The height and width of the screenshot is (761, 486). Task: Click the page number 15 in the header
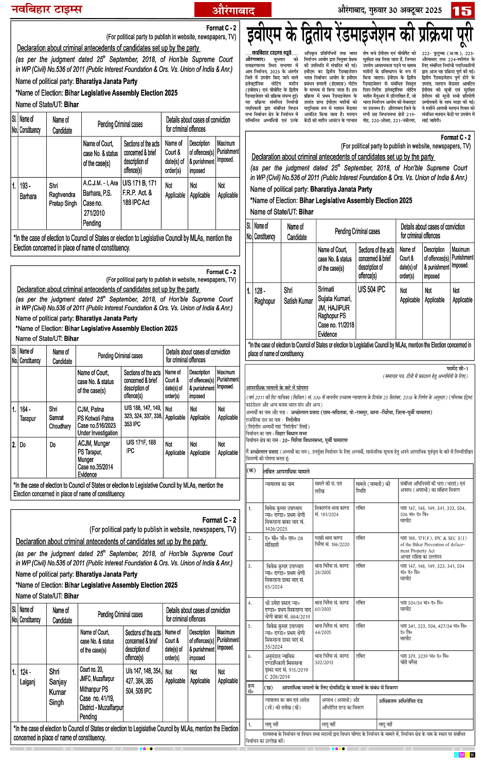point(462,10)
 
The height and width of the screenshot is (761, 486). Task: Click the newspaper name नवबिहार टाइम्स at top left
point(46,9)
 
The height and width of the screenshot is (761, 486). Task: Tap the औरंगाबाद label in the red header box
point(233,10)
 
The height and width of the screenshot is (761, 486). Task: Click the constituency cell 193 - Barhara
point(28,191)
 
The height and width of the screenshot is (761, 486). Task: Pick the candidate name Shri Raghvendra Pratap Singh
point(63,194)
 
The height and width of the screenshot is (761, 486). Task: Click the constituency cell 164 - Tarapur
point(28,413)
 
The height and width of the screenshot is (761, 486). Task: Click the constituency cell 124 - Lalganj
point(28,677)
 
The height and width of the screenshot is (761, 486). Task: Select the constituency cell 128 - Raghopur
point(264,296)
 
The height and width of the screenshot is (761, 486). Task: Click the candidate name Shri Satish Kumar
point(298,296)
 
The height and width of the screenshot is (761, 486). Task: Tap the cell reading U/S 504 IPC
point(371,289)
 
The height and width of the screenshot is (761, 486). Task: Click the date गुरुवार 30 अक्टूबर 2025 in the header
point(389,10)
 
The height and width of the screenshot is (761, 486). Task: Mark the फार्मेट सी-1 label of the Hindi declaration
point(457,369)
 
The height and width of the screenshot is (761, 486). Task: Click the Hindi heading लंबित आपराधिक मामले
point(286,471)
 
